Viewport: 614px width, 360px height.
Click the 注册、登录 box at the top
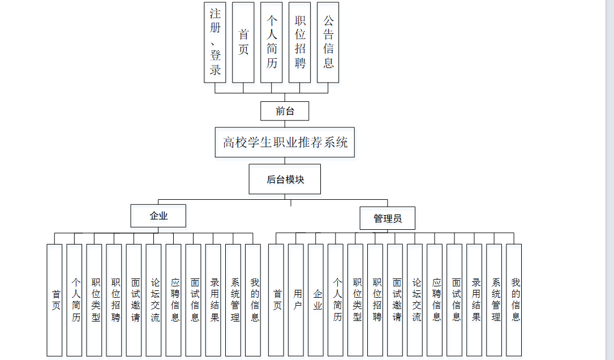coord(215,42)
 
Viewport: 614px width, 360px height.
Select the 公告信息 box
coord(328,42)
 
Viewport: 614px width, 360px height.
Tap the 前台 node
coord(285,111)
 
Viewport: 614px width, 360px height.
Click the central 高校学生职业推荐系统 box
coord(285,142)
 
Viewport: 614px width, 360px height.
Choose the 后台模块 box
coord(285,179)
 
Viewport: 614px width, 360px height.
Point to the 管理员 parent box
coord(388,218)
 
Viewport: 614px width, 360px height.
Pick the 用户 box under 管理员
coord(298,300)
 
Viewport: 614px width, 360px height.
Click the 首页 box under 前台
coord(243,42)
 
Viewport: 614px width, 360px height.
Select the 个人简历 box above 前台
coord(272,42)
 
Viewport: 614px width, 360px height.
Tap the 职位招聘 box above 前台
coord(300,42)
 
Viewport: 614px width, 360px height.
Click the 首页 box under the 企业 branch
coord(55,300)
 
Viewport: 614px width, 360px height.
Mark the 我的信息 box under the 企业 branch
coord(254,300)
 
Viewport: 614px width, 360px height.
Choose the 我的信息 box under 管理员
coord(514,300)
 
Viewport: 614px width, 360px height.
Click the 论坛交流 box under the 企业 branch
coord(154,300)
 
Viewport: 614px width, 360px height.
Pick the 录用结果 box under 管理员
coord(474,300)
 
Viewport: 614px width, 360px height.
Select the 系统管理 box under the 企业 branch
coord(233,300)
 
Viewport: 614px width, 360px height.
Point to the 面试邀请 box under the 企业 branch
coord(134,300)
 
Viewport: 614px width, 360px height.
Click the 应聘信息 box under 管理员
coord(435,300)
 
